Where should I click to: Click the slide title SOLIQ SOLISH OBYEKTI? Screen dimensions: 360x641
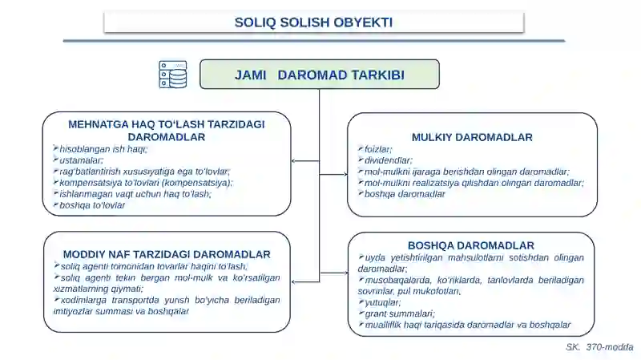[313, 22]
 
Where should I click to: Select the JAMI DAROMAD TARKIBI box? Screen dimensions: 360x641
[319, 75]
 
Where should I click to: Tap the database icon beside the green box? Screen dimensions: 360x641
[173, 75]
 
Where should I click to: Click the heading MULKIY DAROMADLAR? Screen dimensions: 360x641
[472, 137]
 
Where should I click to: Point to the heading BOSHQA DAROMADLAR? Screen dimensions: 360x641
[471, 245]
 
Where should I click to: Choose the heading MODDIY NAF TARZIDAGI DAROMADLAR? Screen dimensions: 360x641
[167, 254]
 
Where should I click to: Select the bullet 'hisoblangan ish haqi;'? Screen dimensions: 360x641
[103, 149]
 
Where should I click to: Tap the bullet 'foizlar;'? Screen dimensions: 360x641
[378, 149]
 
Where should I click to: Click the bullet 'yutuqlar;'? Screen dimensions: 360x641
[382, 302]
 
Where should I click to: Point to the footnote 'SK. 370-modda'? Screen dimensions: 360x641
[599, 346]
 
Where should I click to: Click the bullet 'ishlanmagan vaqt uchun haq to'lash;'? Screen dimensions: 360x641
[135, 194]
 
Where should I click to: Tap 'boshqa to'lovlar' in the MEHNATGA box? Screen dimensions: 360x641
[92, 205]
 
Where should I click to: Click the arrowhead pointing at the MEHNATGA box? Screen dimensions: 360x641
[294, 161]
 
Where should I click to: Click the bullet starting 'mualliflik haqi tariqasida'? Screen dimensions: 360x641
[467, 325]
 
